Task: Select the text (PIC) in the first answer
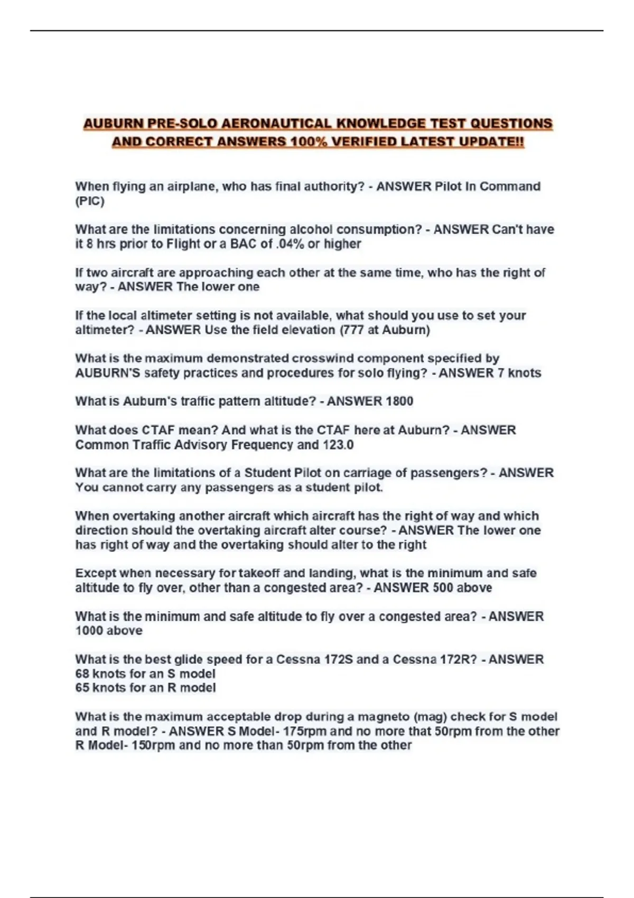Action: [x=90, y=201]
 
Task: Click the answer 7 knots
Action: [x=519, y=373]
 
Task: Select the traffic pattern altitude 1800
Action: [x=399, y=401]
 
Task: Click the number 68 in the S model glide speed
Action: [x=82, y=674]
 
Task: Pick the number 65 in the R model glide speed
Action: [x=82, y=688]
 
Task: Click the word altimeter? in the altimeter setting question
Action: [x=105, y=330]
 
